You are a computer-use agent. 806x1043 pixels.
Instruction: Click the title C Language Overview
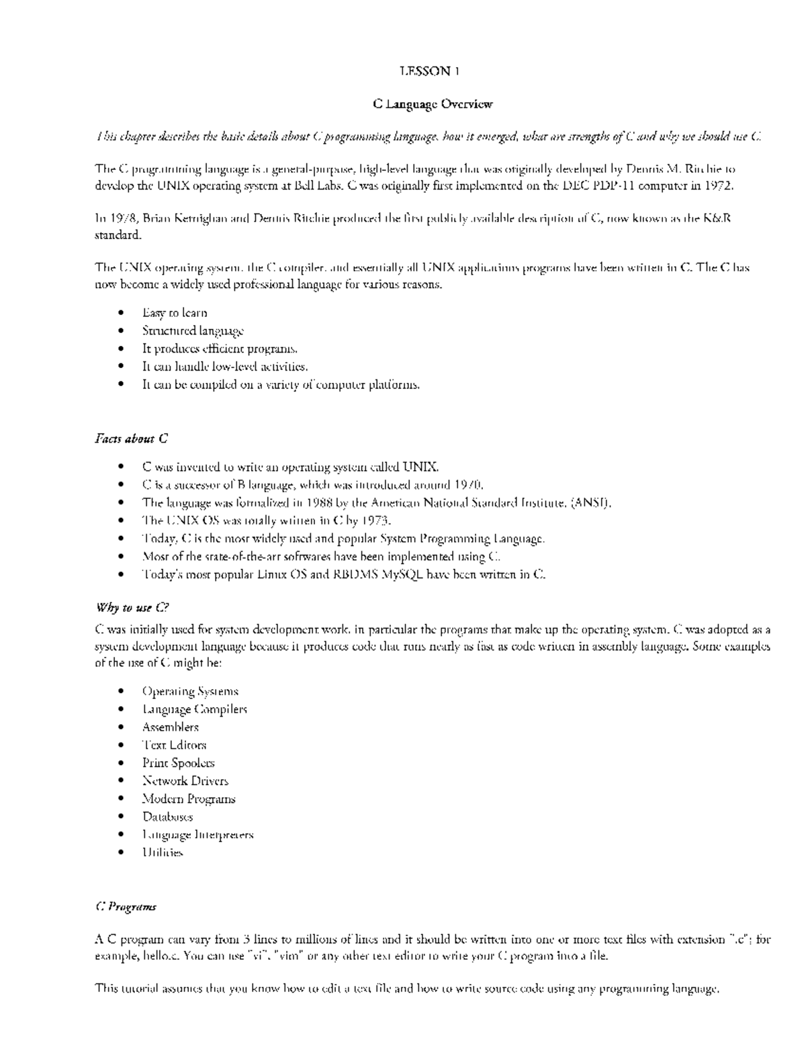pyautogui.click(x=433, y=104)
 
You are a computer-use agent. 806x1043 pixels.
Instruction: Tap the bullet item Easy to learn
pyautogui.click(x=175, y=313)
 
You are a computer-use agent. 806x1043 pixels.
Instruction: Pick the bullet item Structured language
pyautogui.click(x=193, y=331)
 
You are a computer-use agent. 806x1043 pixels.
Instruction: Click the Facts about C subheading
pyautogui.click(x=131, y=439)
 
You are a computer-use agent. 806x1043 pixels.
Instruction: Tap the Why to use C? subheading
pyautogui.click(x=132, y=608)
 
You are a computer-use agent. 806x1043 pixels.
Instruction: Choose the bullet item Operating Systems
pyautogui.click(x=190, y=692)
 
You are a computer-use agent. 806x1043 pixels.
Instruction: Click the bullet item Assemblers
pyautogui.click(x=170, y=727)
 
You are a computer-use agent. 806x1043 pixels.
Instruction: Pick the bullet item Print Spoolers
pyautogui.click(x=178, y=764)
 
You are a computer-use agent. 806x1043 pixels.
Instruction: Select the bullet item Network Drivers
pyautogui.click(x=185, y=781)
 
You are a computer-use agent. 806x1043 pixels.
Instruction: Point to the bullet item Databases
pyautogui.click(x=167, y=817)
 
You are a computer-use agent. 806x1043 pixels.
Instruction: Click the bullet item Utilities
pyautogui.click(x=162, y=853)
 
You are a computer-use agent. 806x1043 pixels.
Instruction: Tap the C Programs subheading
pyautogui.click(x=126, y=907)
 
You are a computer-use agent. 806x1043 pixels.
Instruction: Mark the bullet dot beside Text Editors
pyautogui.click(x=120, y=745)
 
